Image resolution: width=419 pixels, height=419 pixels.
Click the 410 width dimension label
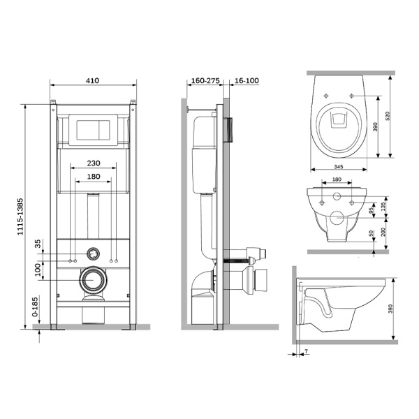(92, 81)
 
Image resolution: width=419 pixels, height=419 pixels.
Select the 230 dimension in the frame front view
(92, 163)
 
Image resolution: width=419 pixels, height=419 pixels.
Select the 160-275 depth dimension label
(205, 81)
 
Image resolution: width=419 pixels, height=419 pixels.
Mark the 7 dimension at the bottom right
(305, 352)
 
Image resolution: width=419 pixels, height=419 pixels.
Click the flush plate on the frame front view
(92, 129)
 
